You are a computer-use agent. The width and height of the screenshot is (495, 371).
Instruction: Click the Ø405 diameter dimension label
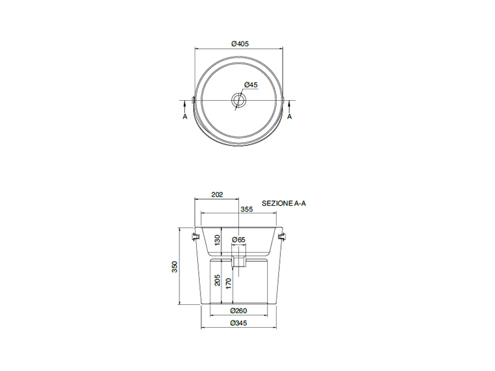240,44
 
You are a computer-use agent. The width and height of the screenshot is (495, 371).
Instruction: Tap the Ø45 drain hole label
251,85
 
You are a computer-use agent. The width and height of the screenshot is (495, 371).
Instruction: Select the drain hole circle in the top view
238,100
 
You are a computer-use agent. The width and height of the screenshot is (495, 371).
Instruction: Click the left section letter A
185,117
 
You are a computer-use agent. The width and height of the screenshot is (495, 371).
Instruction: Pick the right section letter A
290,117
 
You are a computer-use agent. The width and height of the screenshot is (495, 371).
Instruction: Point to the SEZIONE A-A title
284,203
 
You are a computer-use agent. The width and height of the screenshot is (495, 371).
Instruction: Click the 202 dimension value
217,195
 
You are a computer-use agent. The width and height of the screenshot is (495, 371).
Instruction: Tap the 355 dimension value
246,209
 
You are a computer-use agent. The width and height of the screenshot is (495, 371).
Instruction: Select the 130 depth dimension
217,241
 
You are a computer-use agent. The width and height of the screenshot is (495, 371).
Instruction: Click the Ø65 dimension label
239,240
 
